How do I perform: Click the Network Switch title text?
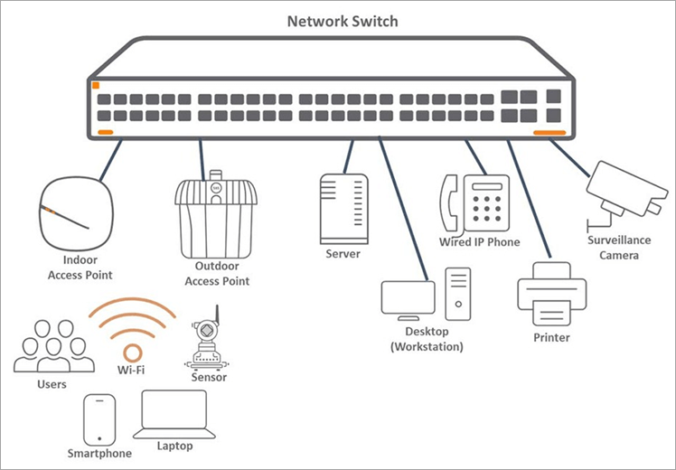[x=342, y=21]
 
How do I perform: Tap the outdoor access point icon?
[x=215, y=215]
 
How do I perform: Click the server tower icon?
[x=344, y=209]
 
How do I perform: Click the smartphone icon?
[x=99, y=419]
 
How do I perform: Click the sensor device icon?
[x=207, y=338]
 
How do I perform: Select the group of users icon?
[x=54, y=347]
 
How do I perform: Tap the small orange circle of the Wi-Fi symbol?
[x=132, y=352]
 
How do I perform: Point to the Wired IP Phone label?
[x=479, y=242]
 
